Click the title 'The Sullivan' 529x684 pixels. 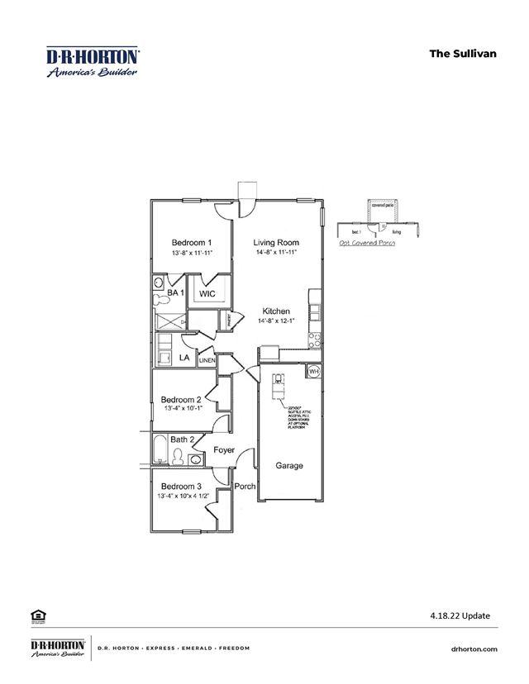click(462, 53)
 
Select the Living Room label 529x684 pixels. click(276, 243)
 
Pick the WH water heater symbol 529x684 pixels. click(313, 372)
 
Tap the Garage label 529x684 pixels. click(289, 466)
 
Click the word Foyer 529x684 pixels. click(224, 450)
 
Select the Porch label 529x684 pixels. click(245, 486)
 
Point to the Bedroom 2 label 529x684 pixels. click(181, 399)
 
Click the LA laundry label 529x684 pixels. click(185, 358)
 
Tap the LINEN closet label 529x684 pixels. click(207, 360)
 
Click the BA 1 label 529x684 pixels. click(175, 293)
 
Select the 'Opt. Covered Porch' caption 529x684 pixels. click(367, 243)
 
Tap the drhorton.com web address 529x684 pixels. click(475, 649)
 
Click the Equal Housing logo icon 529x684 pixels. click(37, 615)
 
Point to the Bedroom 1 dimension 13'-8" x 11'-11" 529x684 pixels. click(192, 253)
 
